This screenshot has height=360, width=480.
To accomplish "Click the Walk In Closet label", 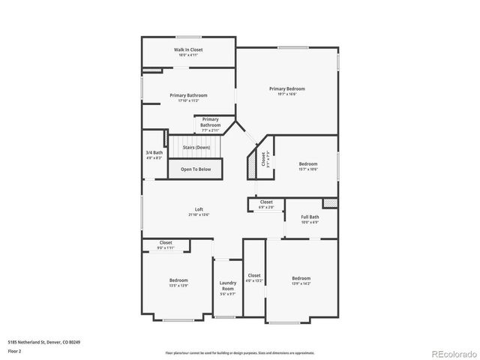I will [189, 52].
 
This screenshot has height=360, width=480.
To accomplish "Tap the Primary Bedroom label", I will [287, 91].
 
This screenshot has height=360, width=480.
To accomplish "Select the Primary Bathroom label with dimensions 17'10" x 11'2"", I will [188, 97].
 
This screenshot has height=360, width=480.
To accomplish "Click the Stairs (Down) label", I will [196, 148].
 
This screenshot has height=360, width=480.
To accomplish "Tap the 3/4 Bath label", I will [154, 155].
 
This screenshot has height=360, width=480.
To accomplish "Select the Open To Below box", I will [196, 169].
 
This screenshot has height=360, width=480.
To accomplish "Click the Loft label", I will [199, 211].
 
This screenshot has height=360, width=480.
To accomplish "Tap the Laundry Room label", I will [228, 287].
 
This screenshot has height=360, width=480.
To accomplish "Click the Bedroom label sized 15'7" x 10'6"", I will [308, 166].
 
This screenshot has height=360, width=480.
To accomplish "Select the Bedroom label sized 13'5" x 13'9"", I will [178, 282].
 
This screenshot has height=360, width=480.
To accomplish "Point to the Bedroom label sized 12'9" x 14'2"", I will [301, 280].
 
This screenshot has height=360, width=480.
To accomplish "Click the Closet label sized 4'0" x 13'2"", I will [254, 277].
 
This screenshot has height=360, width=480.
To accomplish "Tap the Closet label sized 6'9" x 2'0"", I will [266, 204].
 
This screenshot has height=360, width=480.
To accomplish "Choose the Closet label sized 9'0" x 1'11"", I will [166, 244].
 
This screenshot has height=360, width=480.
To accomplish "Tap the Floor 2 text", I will [14, 350].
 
